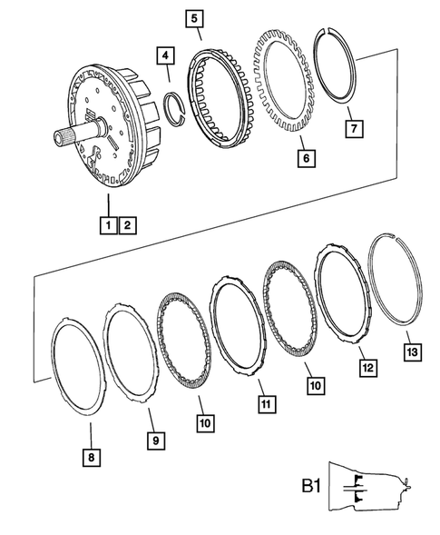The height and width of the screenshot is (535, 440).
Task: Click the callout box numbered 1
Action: coord(108,223)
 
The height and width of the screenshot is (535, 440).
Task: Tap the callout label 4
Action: coord(164,56)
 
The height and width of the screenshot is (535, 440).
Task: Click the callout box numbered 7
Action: coord(351,128)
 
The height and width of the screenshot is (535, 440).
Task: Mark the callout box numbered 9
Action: coord(156,440)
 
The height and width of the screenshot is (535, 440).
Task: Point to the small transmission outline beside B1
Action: coord(370,487)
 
